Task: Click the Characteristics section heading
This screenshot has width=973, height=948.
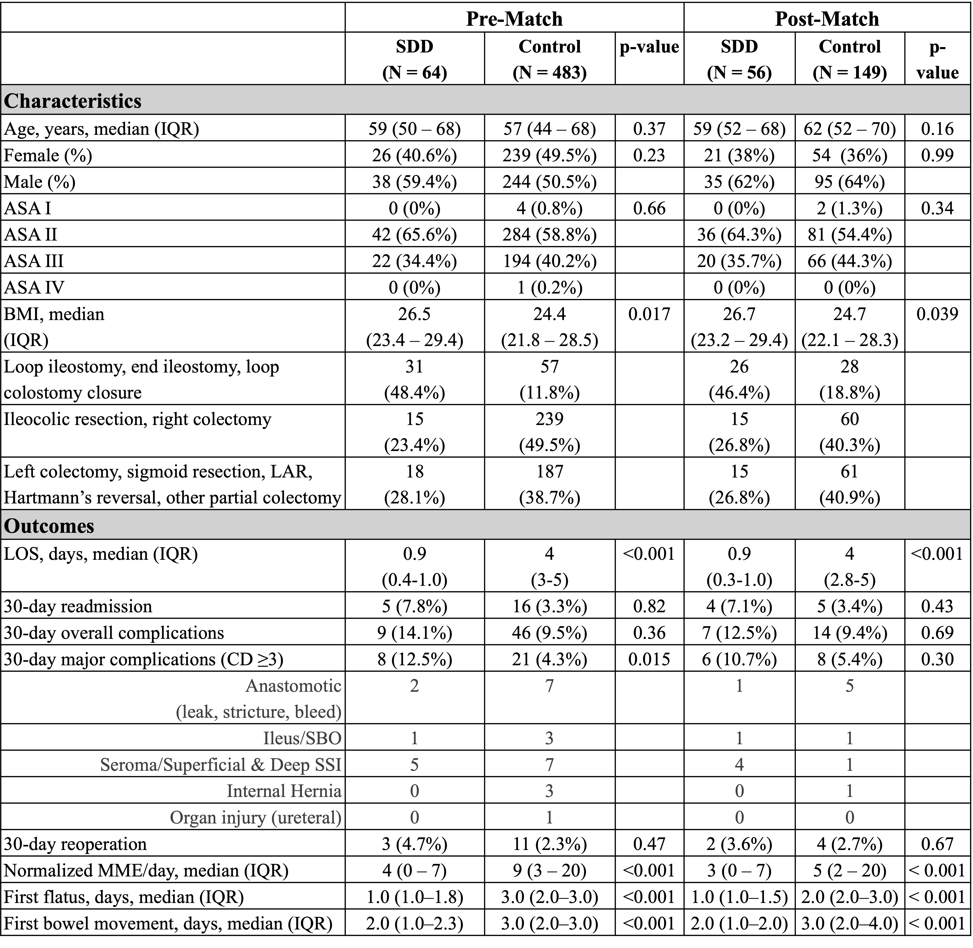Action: pyautogui.click(x=73, y=101)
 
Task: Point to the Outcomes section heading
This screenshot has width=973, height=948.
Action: pyautogui.click(x=49, y=526)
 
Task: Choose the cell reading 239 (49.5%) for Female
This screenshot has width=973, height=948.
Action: pyautogui.click(x=549, y=155)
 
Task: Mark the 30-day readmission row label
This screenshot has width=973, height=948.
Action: pyautogui.click(x=78, y=606)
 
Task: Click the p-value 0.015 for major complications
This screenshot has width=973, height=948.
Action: pyautogui.click(x=649, y=659)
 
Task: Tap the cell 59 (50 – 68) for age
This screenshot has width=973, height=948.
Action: pyautogui.click(x=414, y=129)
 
